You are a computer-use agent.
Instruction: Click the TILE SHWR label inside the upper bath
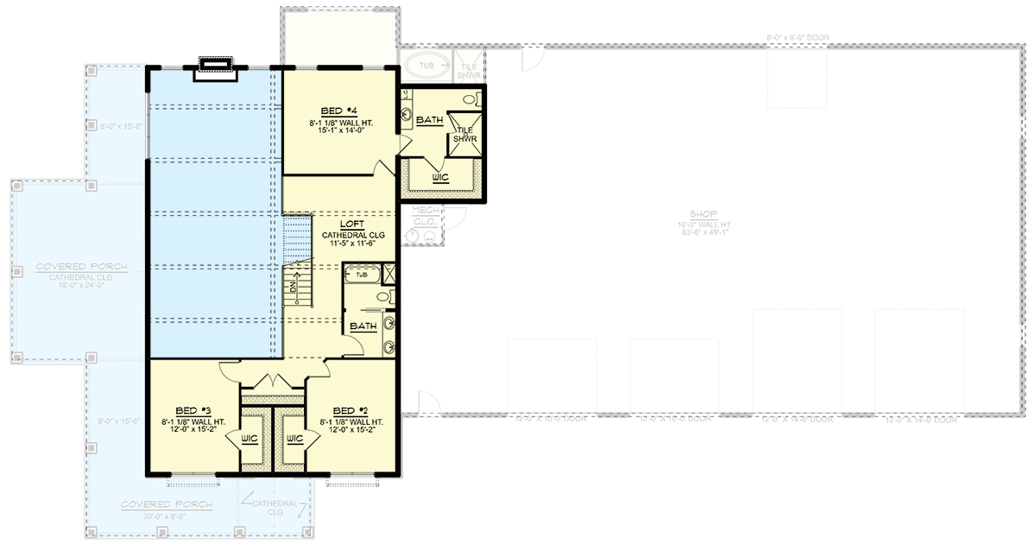click(465, 134)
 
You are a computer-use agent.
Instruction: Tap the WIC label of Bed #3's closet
click(250, 439)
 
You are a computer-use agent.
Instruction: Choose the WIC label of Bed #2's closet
click(295, 439)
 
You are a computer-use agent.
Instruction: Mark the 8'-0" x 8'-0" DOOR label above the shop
click(797, 38)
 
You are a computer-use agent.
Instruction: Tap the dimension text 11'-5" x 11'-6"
click(351, 244)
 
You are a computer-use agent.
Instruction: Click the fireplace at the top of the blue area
click(212, 67)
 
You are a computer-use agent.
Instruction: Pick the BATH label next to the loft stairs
click(363, 326)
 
